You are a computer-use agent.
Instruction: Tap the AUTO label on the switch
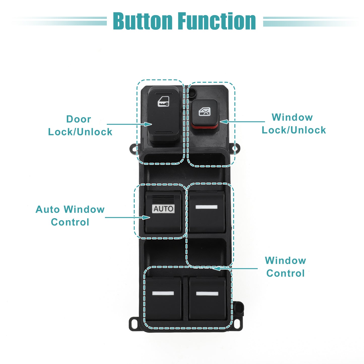pos(163,209)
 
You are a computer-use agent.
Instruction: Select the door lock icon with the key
pos(163,102)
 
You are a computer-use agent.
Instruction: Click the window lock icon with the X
pos(204,112)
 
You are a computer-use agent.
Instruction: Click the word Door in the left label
pos(79,119)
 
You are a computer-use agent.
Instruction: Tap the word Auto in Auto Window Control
pos(48,209)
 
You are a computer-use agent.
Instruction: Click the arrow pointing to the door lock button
pos(129,124)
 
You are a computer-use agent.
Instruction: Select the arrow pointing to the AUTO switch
pos(127,217)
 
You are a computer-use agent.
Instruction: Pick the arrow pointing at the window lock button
pos(242,122)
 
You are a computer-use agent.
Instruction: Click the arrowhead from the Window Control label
pos(217,269)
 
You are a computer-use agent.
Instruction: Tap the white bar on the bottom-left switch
pos(163,293)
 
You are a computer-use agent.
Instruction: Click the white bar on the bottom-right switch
pos(207,293)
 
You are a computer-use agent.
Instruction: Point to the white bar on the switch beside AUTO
pos(207,207)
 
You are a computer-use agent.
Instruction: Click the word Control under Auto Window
pos(70,222)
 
